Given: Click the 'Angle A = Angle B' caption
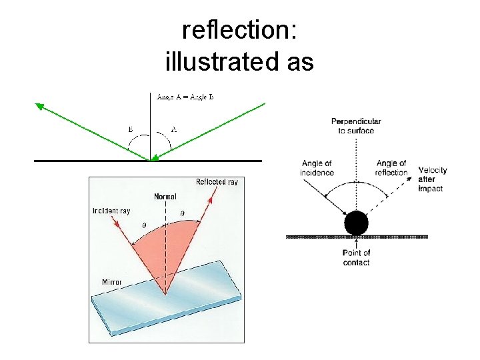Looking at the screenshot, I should tap(185, 97).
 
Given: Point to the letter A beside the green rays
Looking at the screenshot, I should tap(173, 129).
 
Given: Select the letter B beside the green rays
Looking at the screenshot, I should tap(130, 129).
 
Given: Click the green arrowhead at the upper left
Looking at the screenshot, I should tap(40, 105).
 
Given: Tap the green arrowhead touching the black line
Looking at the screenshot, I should tap(155, 157).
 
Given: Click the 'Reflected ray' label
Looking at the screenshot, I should tap(217, 182).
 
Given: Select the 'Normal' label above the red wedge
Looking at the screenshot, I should tap(165, 197).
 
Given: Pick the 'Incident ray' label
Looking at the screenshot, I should tap(111, 211).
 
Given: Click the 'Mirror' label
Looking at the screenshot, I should tap(111, 282).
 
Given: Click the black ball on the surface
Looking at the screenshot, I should tap(356, 223).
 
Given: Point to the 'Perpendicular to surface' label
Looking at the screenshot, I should tap(356, 126).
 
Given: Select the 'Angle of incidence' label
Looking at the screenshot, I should tap(317, 168).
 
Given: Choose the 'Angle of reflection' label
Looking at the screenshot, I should tap(391, 168).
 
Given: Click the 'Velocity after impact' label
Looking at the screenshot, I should tap(433, 179).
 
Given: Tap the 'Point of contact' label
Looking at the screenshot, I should tap(356, 257).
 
